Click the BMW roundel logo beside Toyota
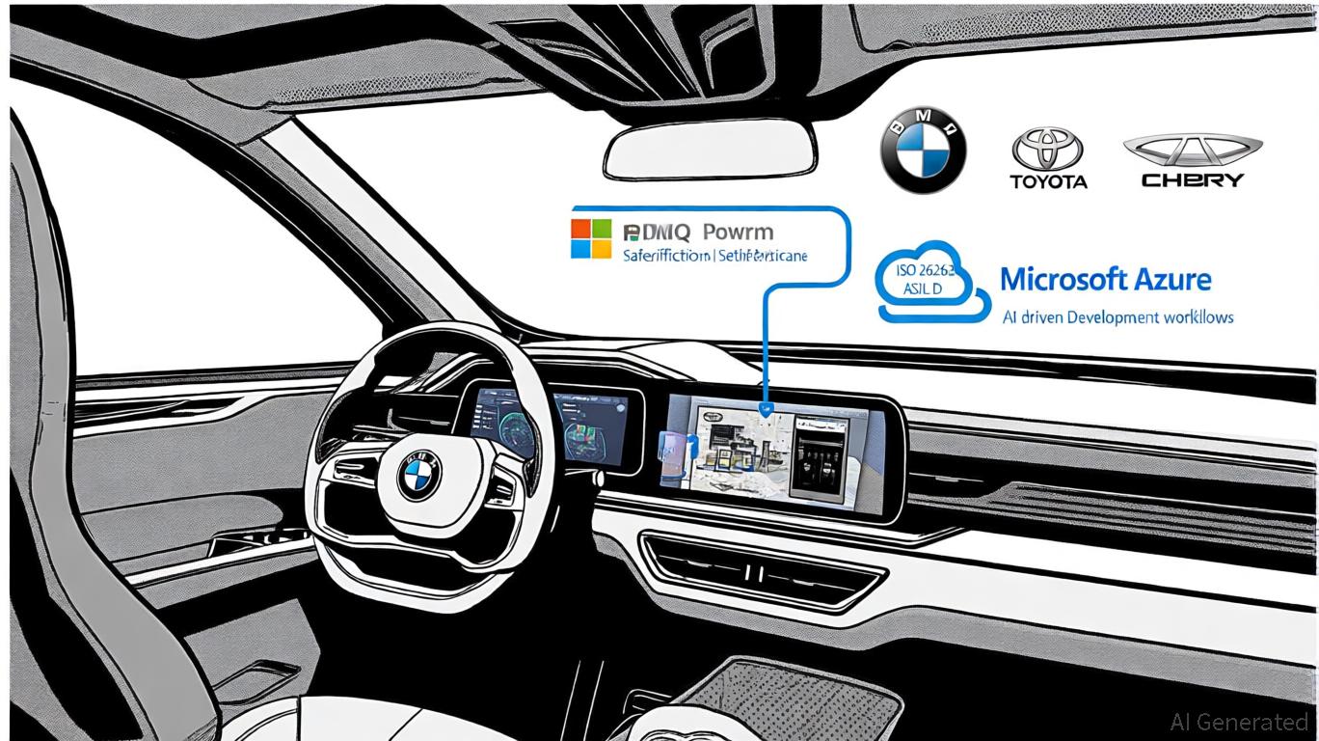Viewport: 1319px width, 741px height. [x=923, y=150]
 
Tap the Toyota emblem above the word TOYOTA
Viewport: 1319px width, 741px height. [x=1047, y=151]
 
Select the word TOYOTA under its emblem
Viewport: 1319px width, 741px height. [x=1048, y=181]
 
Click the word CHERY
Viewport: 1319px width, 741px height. [x=1192, y=179]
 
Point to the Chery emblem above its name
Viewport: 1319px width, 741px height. [x=1192, y=150]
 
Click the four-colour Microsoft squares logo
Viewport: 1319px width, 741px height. [x=591, y=238]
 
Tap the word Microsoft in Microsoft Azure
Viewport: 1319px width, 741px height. [x=1063, y=280]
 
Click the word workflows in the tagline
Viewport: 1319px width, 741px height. [x=1198, y=316]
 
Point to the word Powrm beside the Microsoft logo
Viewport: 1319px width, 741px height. [x=738, y=233]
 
